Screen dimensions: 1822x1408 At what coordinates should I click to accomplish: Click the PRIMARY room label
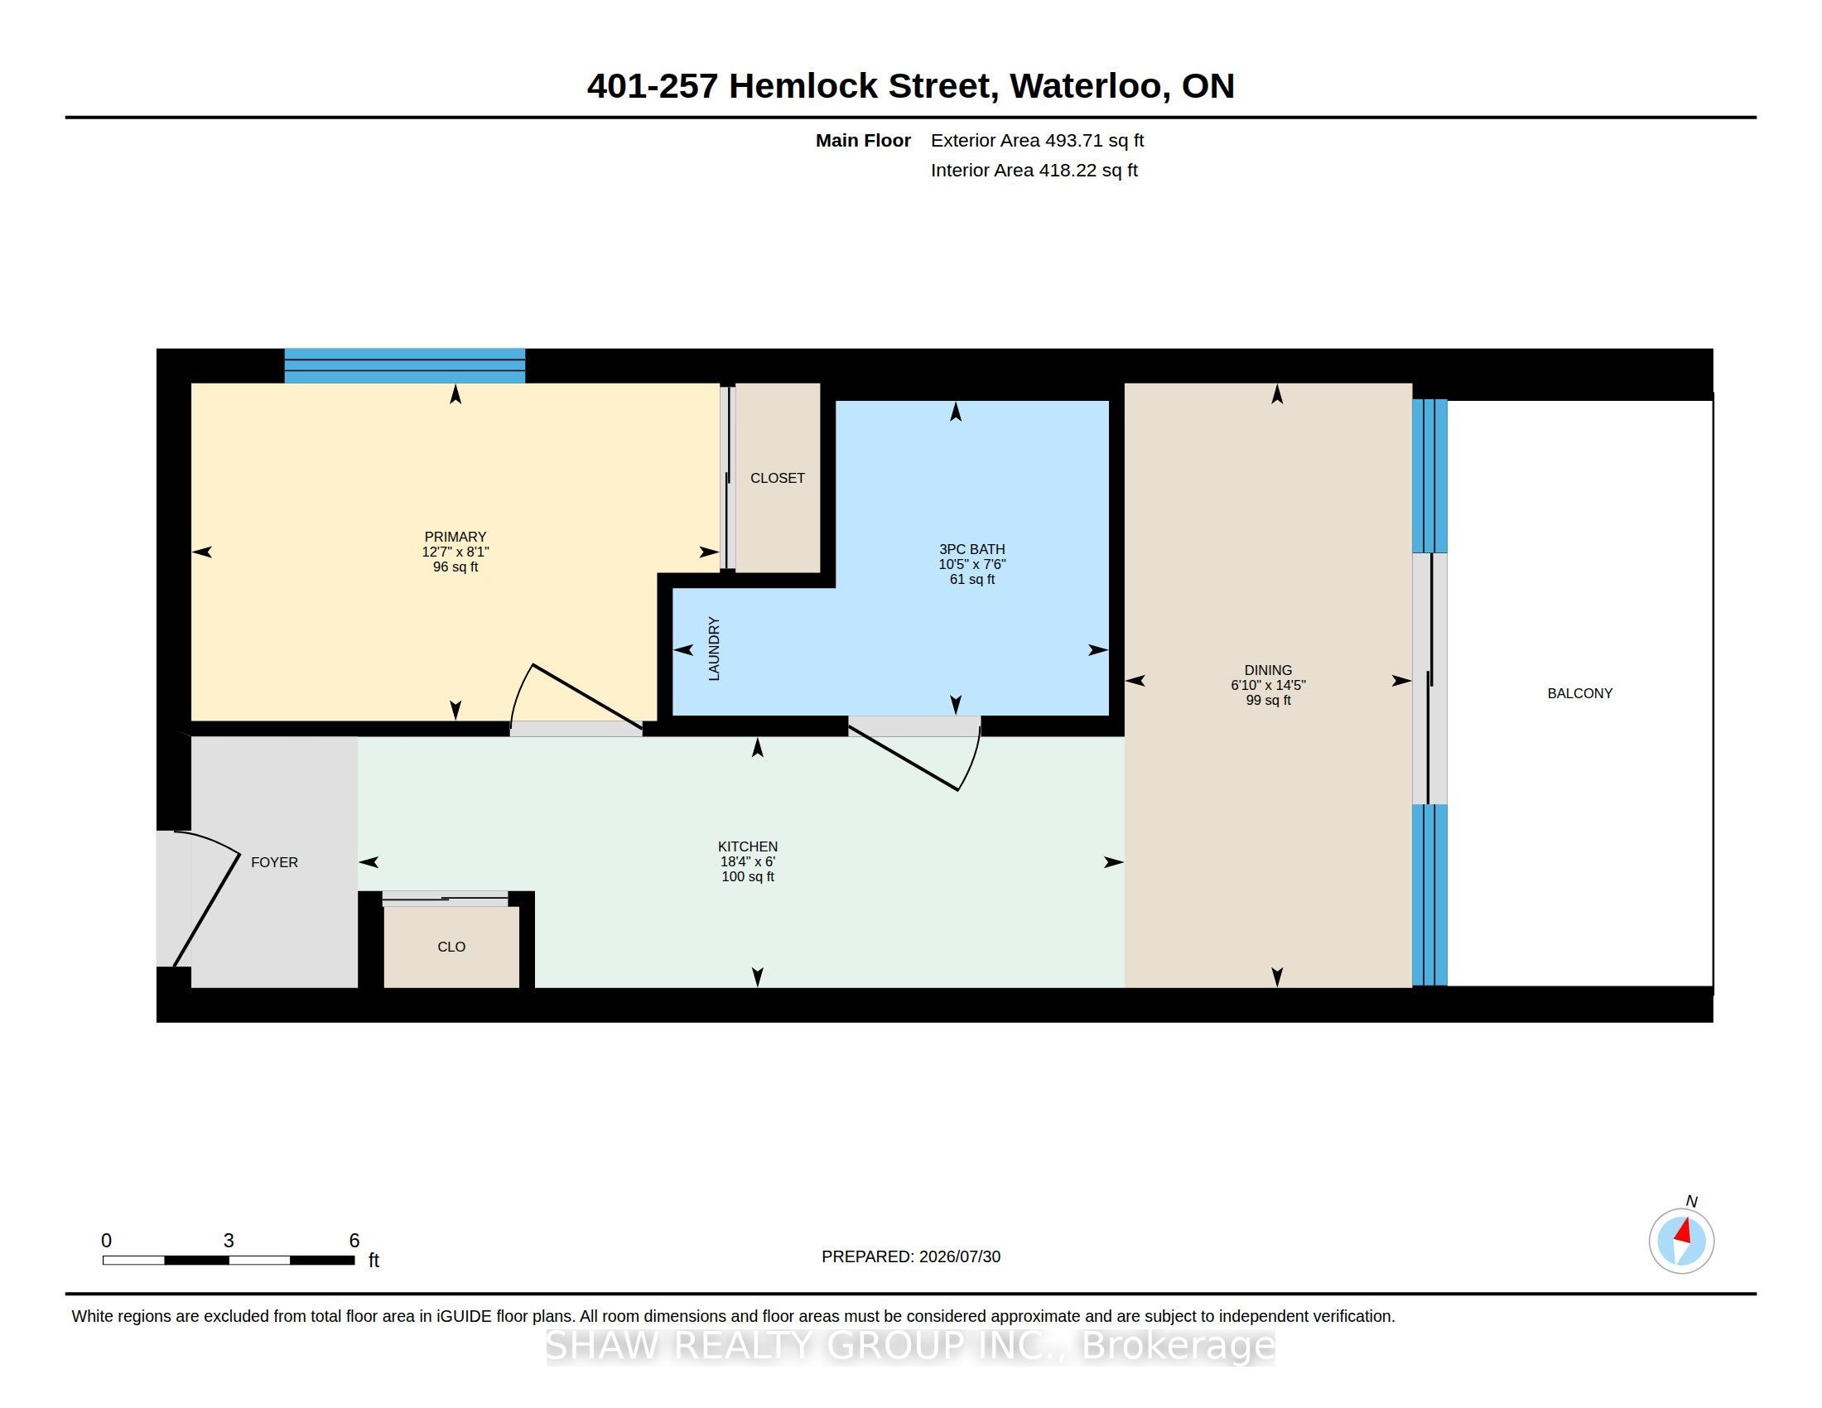tap(455, 537)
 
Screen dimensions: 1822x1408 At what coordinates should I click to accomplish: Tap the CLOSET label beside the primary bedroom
tap(777, 478)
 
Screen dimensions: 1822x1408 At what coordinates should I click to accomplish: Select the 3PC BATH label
tap(972, 549)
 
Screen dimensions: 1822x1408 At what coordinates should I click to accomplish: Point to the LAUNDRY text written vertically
tap(714, 649)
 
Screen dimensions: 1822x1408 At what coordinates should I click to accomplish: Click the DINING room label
tap(1268, 670)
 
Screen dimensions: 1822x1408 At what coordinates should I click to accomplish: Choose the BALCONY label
tap(1580, 693)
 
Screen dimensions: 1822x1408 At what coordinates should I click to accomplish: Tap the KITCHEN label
tap(748, 846)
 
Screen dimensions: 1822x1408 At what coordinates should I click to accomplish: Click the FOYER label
tap(274, 862)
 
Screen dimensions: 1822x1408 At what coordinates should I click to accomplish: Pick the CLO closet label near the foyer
tap(451, 947)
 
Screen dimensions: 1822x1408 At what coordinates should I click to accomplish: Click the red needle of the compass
tap(1684, 1231)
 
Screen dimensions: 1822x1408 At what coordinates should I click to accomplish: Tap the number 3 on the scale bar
tap(229, 1241)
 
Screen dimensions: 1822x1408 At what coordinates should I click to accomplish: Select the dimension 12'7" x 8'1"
tap(455, 552)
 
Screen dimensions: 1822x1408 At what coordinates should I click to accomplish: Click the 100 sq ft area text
tap(748, 876)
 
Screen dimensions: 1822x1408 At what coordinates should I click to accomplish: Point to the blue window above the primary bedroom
tap(405, 366)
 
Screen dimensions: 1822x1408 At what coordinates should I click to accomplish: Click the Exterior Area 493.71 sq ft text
tap(1037, 140)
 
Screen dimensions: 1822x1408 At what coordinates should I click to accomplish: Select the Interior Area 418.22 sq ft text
tap(1034, 170)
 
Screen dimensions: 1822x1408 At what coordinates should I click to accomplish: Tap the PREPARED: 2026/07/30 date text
tap(911, 1256)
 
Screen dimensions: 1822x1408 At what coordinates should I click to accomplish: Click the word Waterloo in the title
tap(1086, 86)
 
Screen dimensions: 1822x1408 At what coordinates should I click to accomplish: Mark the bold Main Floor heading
tap(863, 140)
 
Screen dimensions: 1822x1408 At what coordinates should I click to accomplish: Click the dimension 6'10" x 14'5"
tap(1268, 685)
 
